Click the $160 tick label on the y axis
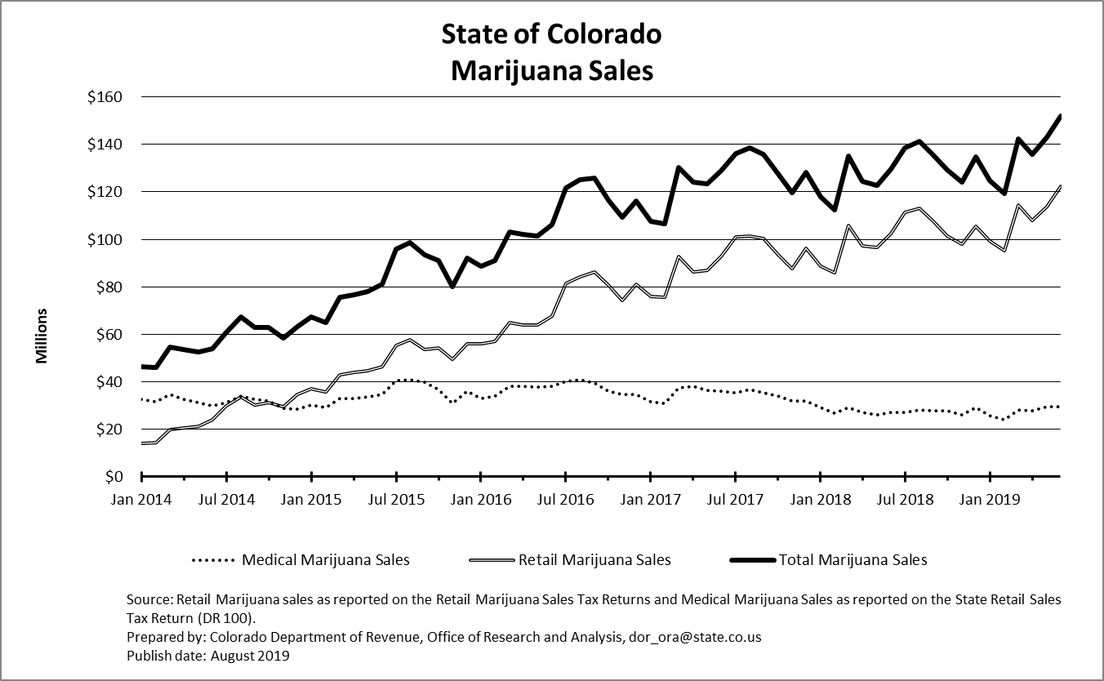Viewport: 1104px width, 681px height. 104,97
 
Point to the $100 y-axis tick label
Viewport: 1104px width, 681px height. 104,239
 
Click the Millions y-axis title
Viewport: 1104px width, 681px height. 42,336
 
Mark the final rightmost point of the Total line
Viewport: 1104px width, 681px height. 1060,116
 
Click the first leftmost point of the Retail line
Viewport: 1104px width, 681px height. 142,443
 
